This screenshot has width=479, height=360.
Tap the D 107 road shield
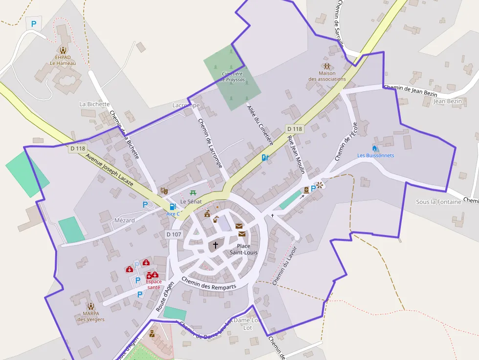[x=174, y=234]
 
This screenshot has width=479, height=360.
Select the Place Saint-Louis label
[x=243, y=249]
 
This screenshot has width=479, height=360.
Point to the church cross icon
[x=215, y=245]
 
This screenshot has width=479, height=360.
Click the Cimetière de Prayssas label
[x=233, y=76]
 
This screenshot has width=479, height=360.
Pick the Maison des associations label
[x=327, y=76]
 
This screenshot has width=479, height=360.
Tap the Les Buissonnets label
[x=375, y=155]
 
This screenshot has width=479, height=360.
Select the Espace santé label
[x=153, y=284]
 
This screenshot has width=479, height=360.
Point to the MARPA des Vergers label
[x=90, y=317]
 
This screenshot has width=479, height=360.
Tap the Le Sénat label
[x=191, y=201]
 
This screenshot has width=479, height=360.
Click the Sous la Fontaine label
[x=438, y=202]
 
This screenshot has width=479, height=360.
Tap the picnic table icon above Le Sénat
[x=193, y=193]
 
